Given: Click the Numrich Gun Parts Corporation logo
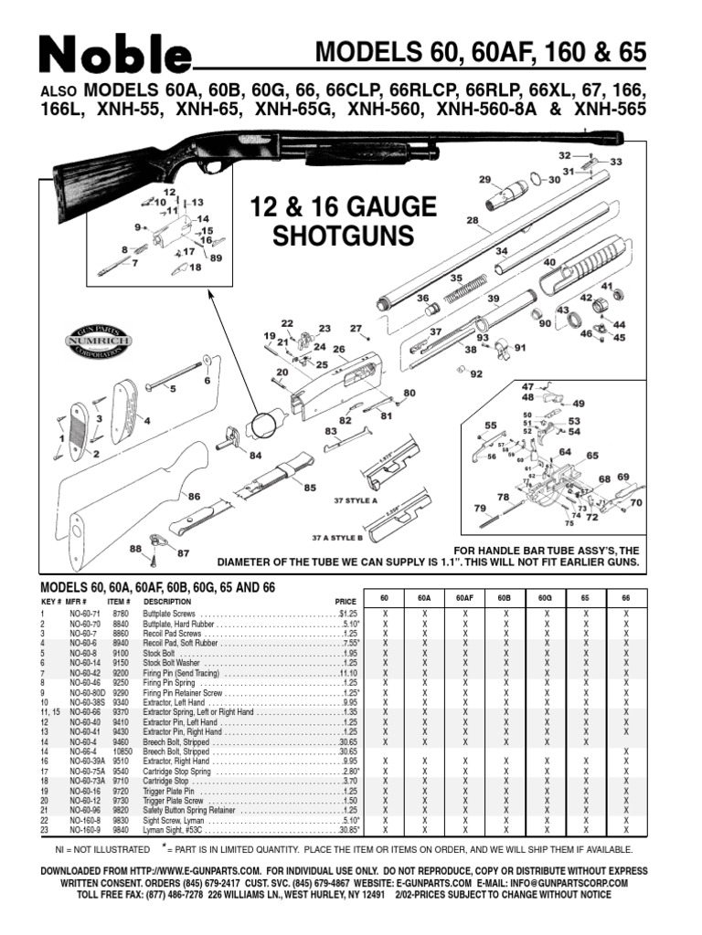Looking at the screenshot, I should coord(97,339).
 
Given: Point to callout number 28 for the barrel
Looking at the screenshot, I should coord(473,221).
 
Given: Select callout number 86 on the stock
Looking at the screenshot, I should coord(194,496).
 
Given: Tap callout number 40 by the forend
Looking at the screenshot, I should coord(549,262).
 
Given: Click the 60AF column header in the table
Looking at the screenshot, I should coord(464,597).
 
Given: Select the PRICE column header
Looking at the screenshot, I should coord(345,603).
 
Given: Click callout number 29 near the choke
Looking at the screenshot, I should coord(484,179).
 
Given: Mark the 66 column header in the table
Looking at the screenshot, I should coord(626,597).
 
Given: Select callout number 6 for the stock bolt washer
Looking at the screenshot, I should coord(207,379).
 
